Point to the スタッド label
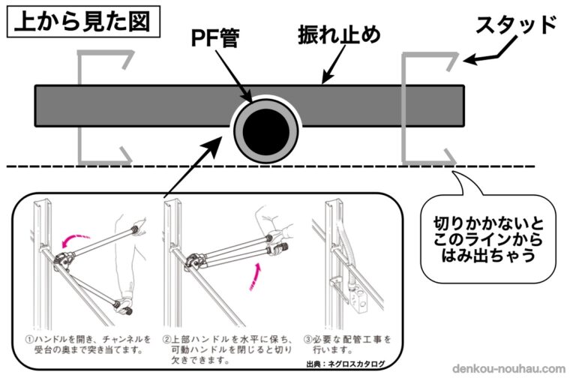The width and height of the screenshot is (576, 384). point(517,25)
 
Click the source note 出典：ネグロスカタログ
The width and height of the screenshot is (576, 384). point(349,364)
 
